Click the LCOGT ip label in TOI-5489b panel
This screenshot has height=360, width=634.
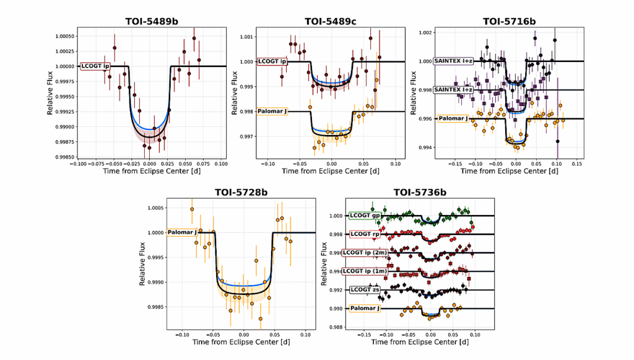[x=95, y=66]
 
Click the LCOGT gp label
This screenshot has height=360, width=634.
[x=365, y=216]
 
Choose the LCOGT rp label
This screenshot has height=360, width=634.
[x=364, y=234]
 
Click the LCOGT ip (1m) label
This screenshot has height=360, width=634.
[x=370, y=271]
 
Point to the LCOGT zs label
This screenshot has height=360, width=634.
[x=364, y=289]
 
